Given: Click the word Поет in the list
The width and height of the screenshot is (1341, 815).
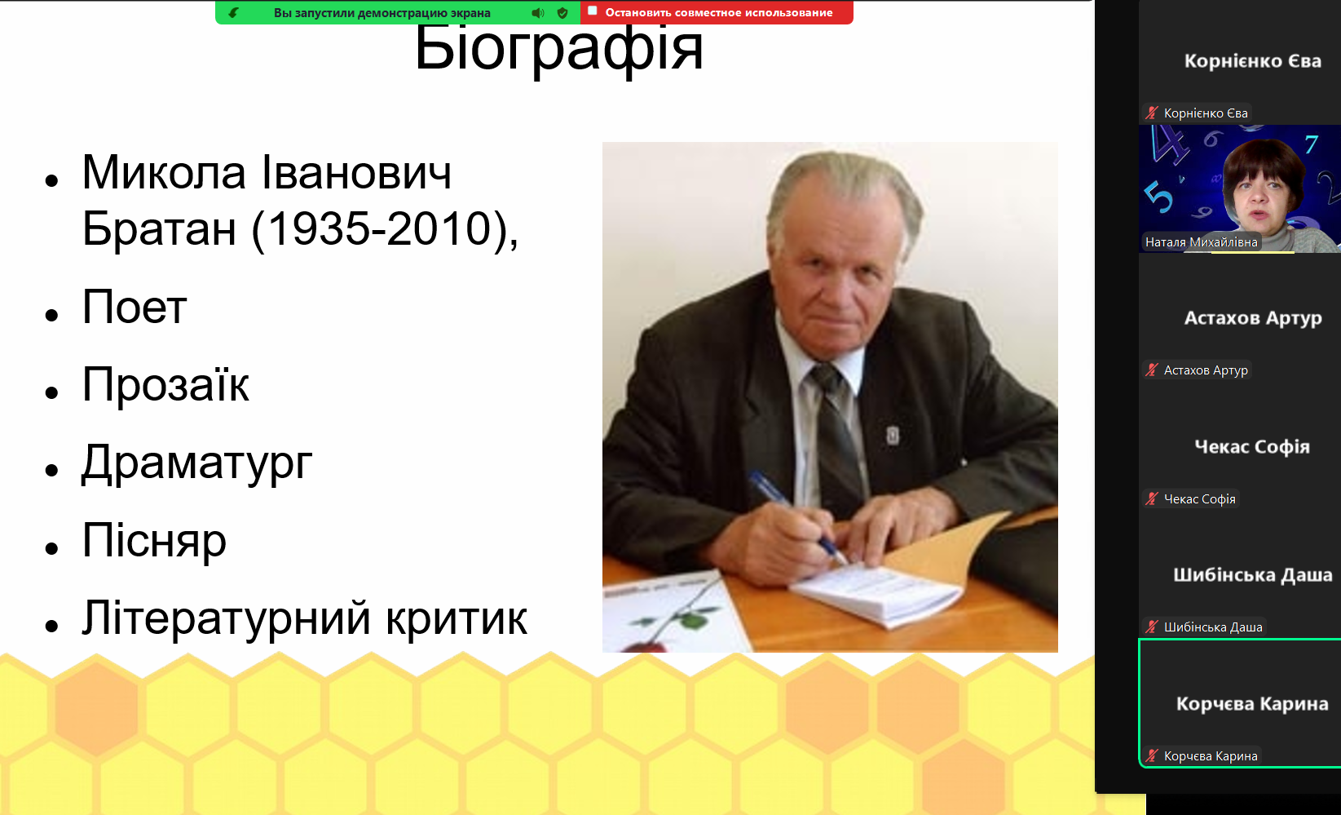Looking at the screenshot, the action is pos(134,308).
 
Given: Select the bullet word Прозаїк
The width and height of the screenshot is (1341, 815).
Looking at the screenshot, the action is pos(165,384).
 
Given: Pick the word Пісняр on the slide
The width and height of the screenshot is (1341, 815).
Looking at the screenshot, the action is pos(154,540).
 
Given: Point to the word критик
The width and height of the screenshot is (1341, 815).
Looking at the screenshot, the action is pos(457,618).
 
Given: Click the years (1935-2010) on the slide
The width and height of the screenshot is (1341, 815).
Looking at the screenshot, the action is pos(385,229).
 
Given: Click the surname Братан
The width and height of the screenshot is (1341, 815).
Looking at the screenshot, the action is pos(159,228).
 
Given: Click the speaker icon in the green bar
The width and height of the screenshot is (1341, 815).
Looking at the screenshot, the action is pos(537,12).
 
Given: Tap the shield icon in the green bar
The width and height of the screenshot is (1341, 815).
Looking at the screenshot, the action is pos(562,12).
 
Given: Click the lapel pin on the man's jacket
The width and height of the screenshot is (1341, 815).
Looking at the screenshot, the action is pos(893,435).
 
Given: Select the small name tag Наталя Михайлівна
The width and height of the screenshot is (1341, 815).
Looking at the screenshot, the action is pos(1201,242).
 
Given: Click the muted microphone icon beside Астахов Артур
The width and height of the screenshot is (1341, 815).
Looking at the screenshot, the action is pos(1152,370).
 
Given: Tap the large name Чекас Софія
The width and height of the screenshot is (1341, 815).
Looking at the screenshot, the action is pos(1252,446).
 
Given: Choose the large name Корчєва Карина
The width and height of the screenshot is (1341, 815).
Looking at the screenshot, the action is pos(1252,703).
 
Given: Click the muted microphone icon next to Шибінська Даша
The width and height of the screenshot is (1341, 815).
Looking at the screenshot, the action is pos(1152,627).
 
